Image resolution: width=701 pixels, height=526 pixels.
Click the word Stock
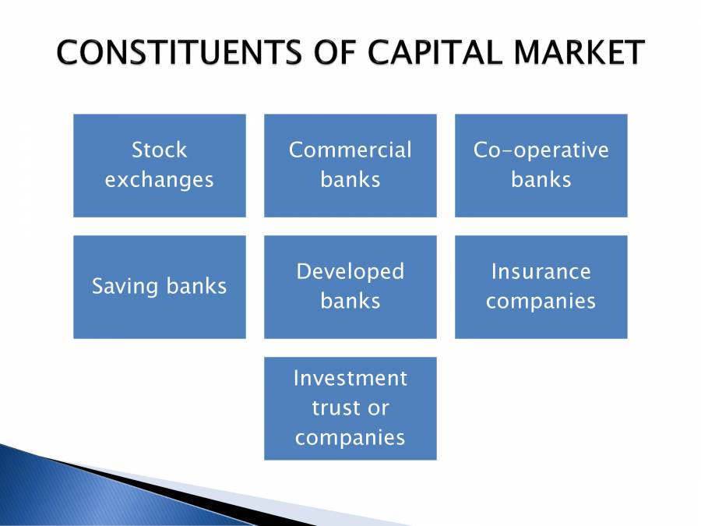coord(160,150)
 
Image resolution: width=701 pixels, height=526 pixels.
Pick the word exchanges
coord(160,180)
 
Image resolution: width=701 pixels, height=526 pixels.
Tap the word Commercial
coord(350,150)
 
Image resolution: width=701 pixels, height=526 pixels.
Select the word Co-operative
coord(541,150)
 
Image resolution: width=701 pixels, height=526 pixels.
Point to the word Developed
coord(350,271)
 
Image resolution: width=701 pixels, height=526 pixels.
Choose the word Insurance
coord(541,271)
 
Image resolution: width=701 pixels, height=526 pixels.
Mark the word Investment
coord(350,378)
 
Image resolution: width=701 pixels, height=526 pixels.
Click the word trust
coord(334,408)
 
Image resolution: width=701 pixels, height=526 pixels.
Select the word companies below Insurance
coord(541,301)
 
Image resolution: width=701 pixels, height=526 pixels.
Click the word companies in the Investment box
coord(350,437)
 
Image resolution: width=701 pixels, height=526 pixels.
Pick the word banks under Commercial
coord(350,180)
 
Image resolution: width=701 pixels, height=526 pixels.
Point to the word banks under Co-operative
coord(541,180)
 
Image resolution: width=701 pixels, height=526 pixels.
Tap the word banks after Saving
coord(196,286)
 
